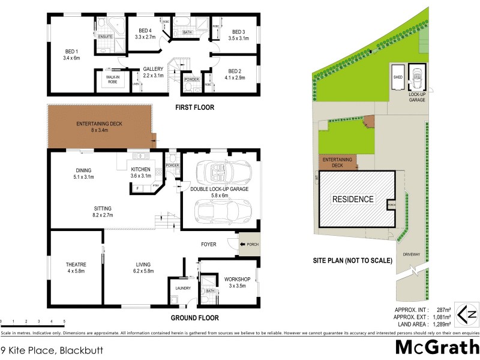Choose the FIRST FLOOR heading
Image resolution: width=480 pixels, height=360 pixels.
(194, 108)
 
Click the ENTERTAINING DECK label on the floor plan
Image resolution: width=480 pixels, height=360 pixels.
(99, 124)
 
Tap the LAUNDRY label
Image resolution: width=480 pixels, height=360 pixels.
(183, 288)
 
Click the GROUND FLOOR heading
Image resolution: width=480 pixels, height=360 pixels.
(194, 318)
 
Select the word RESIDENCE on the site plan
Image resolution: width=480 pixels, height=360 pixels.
(353, 199)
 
